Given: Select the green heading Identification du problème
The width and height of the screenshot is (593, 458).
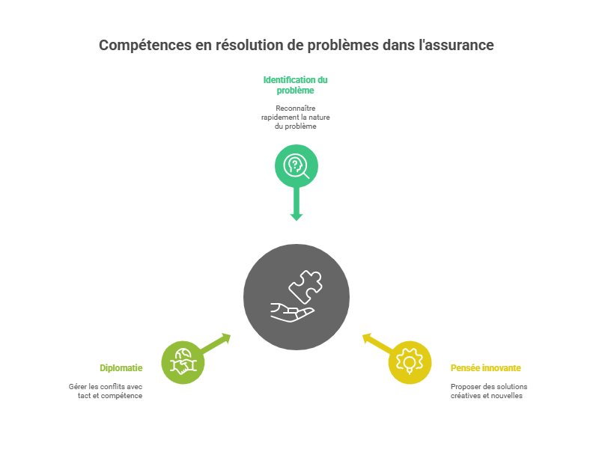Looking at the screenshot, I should (296, 85).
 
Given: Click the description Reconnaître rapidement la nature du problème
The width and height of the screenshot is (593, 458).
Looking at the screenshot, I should (296, 117).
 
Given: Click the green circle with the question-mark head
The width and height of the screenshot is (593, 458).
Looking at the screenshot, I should (296, 165).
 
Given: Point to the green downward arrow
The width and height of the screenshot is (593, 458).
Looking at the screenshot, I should (296, 205).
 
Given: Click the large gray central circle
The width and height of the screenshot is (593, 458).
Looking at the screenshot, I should (296, 296).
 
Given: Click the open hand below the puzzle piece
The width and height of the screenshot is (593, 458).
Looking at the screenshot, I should (291, 312).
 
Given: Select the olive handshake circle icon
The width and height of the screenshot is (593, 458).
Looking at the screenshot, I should (183, 362).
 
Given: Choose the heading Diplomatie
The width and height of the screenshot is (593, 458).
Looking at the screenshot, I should (121, 368).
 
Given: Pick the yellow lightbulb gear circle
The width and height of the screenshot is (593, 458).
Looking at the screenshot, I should (410, 362).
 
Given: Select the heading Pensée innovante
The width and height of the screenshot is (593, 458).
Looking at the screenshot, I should (486, 368).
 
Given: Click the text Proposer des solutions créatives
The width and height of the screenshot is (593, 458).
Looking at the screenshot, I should (488, 391).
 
